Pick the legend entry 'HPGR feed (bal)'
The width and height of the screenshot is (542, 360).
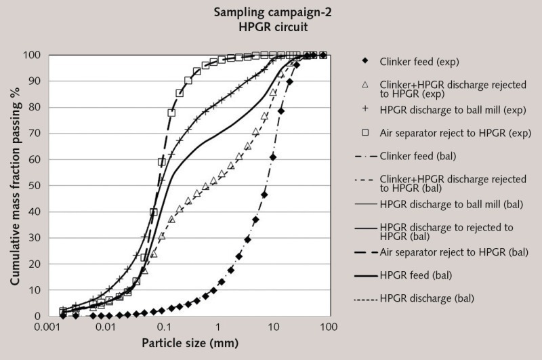tap(415, 275)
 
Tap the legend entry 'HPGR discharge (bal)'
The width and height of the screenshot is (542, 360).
tap(426, 298)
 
